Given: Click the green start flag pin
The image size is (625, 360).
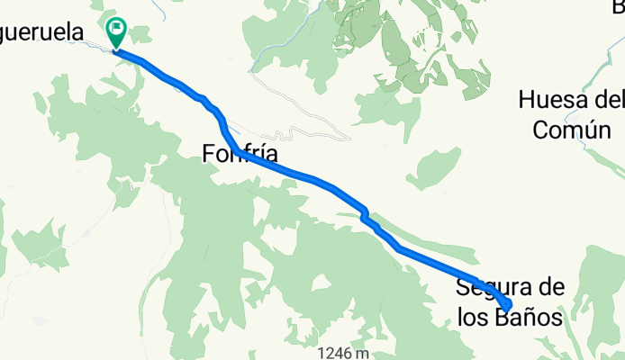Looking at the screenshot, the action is pyautogui.click(x=116, y=31).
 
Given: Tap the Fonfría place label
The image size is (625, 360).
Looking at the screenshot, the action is pyautogui.click(x=239, y=155).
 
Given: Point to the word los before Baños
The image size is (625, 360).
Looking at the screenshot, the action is pyautogui.click(x=471, y=317).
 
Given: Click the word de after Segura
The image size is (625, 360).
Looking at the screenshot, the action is pyautogui.click(x=550, y=289).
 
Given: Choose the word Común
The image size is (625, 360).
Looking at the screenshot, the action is pyautogui.click(x=573, y=129).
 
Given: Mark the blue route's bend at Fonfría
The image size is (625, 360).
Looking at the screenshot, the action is pyautogui.click(x=232, y=147).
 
